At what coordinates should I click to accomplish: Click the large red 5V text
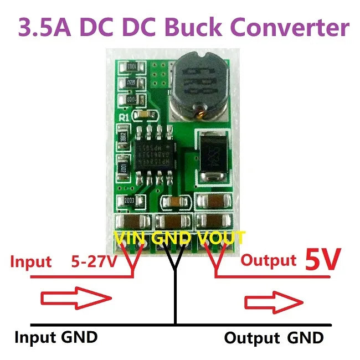pos(321,260)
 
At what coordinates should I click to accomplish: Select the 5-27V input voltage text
pos(94,261)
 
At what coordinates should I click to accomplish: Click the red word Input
pos(31,261)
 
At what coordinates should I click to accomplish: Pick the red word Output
pos(269,260)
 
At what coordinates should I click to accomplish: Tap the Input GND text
pos(56,337)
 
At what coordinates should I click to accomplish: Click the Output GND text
pos(274,337)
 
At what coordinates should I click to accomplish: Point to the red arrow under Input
pos(74,300)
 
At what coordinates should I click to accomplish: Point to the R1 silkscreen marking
pos(124,117)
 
